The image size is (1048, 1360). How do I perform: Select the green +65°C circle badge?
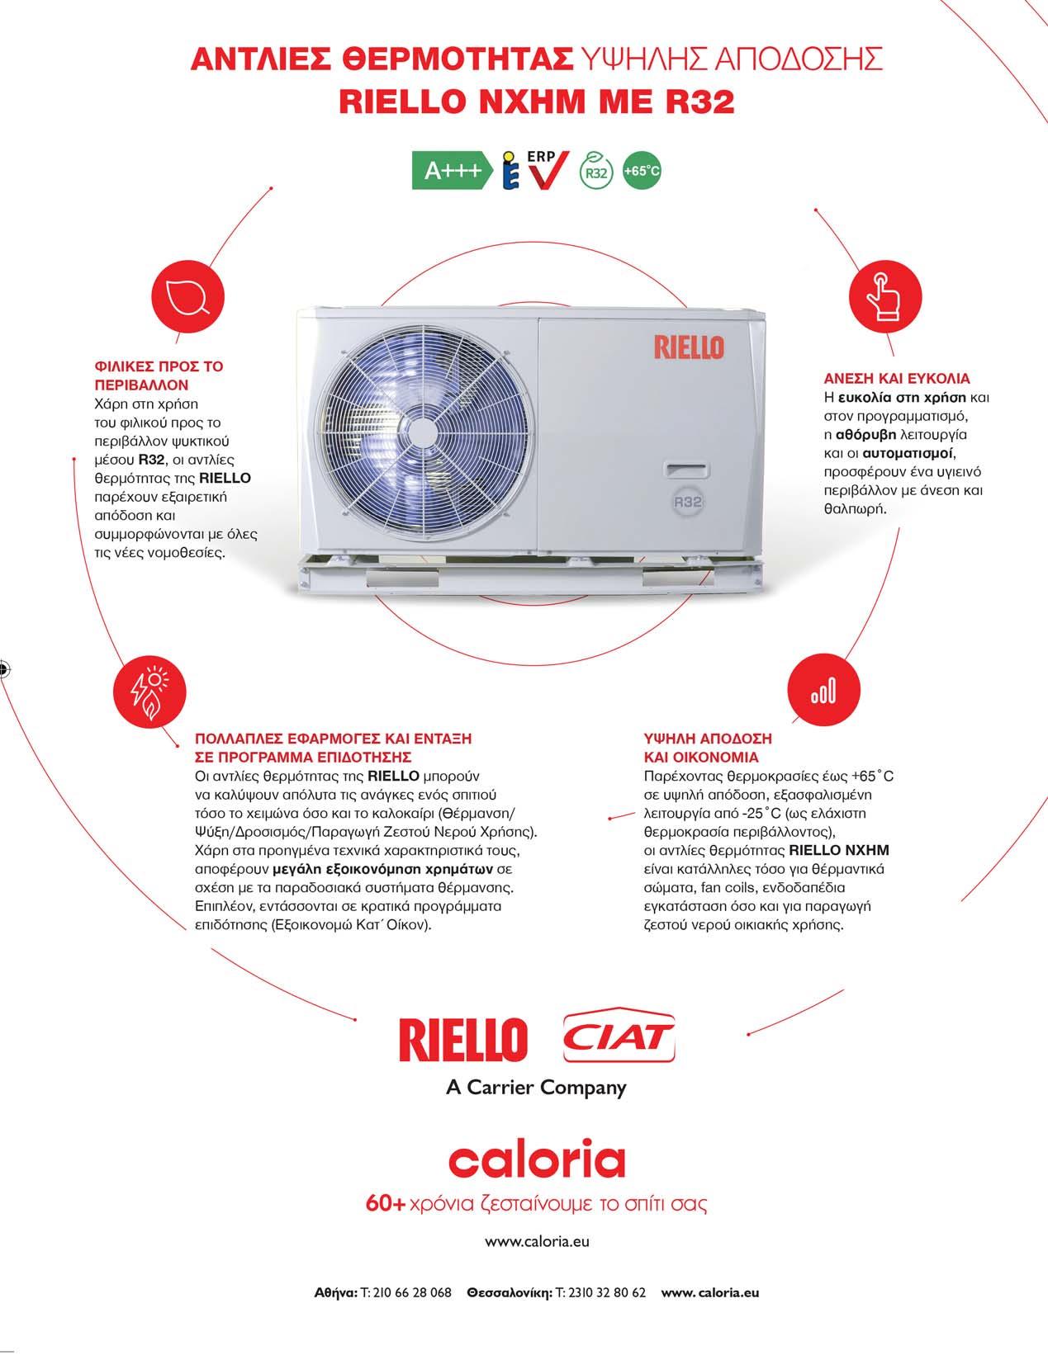click(642, 171)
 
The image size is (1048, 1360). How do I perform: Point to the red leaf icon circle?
click(189, 297)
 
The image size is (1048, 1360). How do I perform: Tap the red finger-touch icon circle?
click(884, 297)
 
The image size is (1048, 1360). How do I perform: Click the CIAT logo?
click(618, 1037)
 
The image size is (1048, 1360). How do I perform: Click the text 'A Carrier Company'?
click(536, 1087)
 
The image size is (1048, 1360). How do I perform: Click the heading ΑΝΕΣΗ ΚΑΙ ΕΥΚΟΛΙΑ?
click(896, 379)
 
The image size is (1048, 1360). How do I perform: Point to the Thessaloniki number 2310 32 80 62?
click(603, 1292)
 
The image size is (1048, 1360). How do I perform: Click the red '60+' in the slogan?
click(386, 1203)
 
